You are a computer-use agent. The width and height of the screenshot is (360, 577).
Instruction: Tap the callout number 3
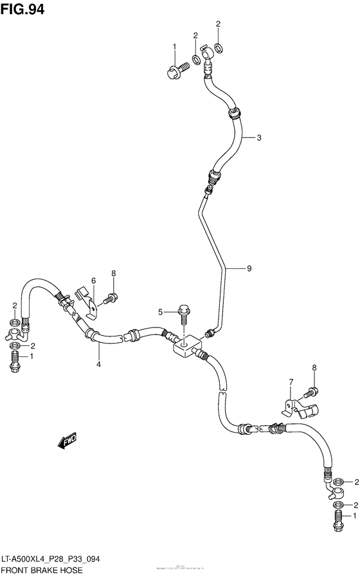tap(259, 138)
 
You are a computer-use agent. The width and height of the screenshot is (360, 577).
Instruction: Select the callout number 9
tap(249, 270)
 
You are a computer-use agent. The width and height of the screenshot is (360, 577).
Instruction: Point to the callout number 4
tap(99, 365)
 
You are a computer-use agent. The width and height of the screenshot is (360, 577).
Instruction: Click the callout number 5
tap(162, 313)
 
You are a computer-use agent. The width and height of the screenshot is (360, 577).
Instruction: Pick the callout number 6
tap(93, 280)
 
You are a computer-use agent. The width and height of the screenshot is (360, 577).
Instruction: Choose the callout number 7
tap(290, 383)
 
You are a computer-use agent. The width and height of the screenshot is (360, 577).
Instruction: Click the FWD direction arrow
tap(66, 441)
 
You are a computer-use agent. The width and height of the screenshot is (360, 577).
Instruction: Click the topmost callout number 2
tap(218, 24)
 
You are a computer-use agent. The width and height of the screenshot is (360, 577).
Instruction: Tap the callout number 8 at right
tap(314, 368)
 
